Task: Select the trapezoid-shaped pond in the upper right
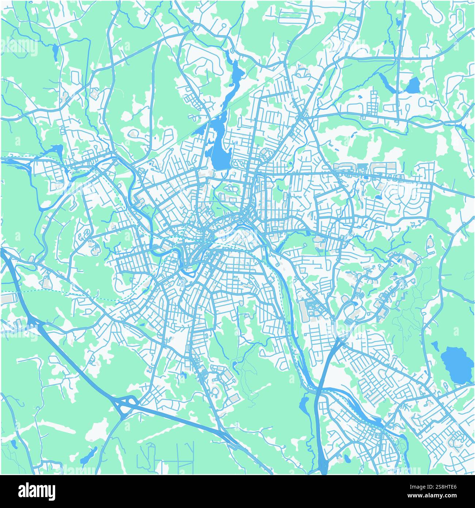(x=413, y=85)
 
